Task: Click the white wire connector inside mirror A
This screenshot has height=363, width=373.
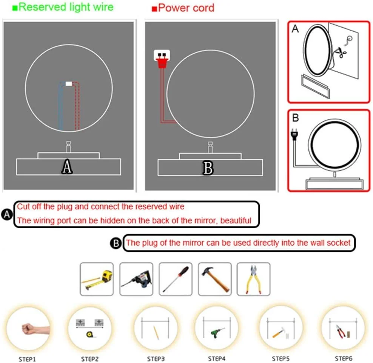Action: (68, 84)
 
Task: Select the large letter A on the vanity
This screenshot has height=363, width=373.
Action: (67, 166)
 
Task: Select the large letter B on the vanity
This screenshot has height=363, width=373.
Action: (208, 168)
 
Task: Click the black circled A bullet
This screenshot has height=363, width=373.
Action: (7, 214)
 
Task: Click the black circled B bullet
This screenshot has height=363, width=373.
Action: (115, 243)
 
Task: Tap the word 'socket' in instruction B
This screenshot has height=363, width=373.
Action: (339, 243)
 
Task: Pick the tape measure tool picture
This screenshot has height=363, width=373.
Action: (97, 279)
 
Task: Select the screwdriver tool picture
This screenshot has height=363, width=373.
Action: (176, 279)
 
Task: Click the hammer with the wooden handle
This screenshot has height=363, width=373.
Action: (215, 279)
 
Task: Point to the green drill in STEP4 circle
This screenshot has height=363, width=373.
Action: (217, 332)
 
